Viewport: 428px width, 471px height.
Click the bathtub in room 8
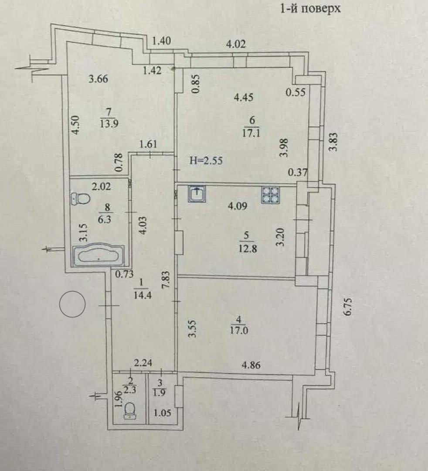tap(99, 256)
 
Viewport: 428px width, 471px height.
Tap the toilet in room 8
tap(81, 198)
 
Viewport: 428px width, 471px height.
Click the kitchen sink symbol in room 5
tap(197, 194)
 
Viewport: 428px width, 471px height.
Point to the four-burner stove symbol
tap(270, 195)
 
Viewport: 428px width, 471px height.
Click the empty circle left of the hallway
tap(72, 304)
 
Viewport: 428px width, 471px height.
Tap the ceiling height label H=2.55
tap(206, 160)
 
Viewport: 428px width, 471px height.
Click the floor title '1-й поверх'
tap(310, 8)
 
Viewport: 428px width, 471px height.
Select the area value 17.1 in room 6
tap(251, 133)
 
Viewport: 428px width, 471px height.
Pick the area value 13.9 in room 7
tap(109, 123)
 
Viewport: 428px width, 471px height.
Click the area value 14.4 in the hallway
tap(143, 295)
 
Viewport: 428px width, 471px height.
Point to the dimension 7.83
tap(166, 281)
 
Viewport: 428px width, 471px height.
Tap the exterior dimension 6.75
tap(347, 307)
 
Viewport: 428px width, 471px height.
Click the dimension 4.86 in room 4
tap(251, 365)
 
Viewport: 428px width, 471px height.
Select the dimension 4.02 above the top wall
tap(236, 44)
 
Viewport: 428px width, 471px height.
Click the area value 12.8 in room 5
tap(248, 249)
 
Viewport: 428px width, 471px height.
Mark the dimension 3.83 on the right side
tap(334, 142)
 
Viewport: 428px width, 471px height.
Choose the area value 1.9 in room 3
tap(159, 392)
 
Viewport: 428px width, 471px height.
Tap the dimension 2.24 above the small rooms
tap(143, 363)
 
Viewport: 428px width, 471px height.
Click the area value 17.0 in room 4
tap(239, 331)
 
